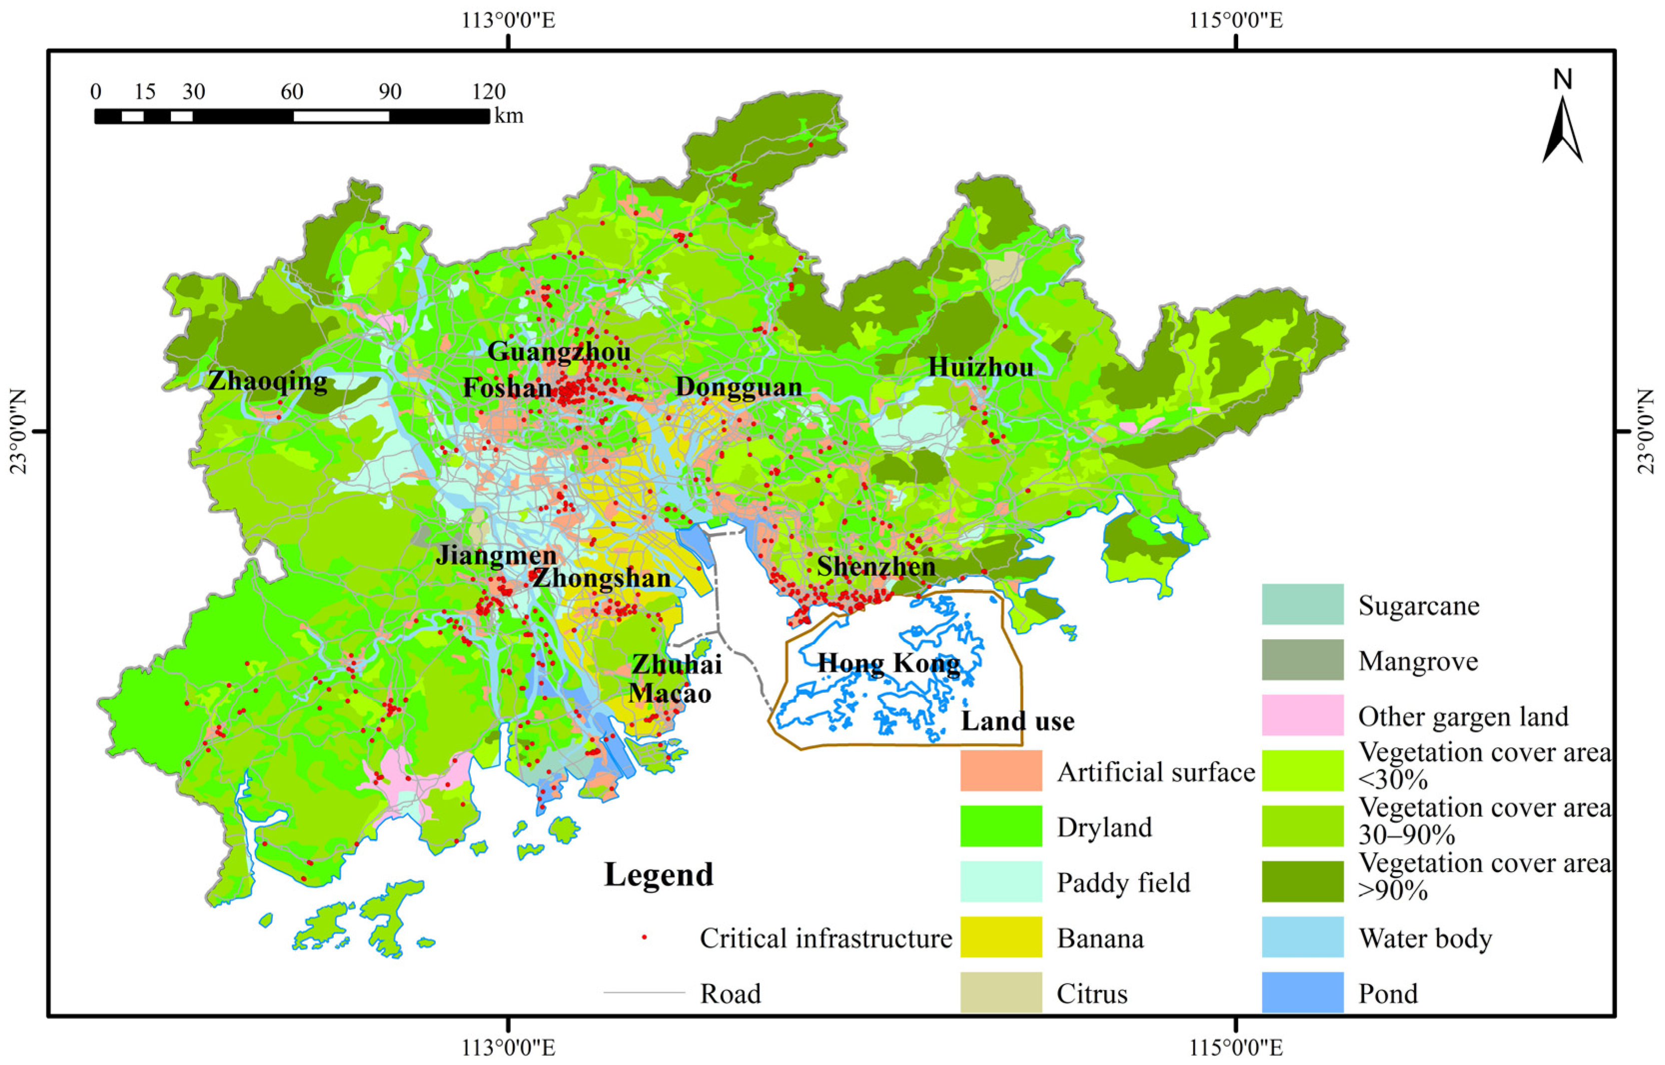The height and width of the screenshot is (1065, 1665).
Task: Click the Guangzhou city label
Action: pos(559,352)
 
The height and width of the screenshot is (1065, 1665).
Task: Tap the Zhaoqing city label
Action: pos(268,381)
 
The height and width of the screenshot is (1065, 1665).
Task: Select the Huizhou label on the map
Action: pos(980,367)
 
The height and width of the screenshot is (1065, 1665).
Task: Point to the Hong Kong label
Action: pos(888,664)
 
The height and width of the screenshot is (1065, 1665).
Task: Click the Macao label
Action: pos(669,694)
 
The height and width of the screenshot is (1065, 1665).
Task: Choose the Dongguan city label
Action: pos(739,387)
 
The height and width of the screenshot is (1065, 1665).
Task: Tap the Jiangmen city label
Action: pos(496,555)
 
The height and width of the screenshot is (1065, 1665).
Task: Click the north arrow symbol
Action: pos(1563,128)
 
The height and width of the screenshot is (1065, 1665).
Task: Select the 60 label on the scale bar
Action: pos(292,92)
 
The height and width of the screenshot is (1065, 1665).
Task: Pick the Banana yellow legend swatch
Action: pos(1000,937)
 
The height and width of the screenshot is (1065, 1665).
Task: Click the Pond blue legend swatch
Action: pos(1302,993)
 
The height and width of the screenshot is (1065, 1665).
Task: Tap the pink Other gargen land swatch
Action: pos(1302,715)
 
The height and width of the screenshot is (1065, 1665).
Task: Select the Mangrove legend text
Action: pos(1418,661)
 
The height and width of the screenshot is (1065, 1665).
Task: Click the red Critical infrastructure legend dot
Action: pos(645,937)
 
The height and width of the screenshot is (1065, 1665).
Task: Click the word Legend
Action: pos(658,875)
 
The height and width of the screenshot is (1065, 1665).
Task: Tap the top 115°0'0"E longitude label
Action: pos(1236,21)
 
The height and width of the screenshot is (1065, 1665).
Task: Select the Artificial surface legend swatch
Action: pos(1000,771)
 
